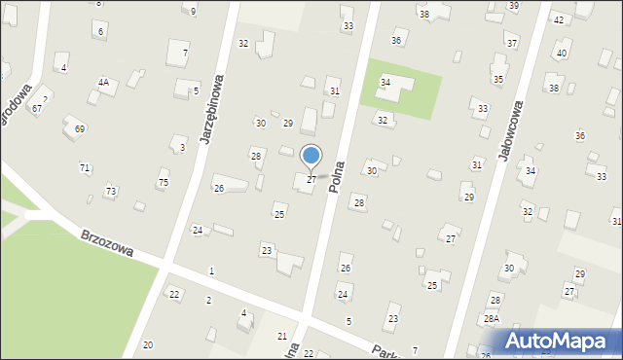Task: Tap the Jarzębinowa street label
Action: [212, 109]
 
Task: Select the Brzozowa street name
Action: [106, 244]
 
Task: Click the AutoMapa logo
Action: [556, 342]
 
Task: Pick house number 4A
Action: [103, 83]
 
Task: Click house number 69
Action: [80, 128]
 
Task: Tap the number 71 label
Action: [85, 168]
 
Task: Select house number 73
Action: [110, 191]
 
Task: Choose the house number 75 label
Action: [163, 182]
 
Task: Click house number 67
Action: [36, 108]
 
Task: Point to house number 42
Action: [559, 19]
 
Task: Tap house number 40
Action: [562, 53]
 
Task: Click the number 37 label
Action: [511, 44]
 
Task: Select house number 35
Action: [497, 79]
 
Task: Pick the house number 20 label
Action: [147, 345]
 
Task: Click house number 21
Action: [282, 336]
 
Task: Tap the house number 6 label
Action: [100, 32]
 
